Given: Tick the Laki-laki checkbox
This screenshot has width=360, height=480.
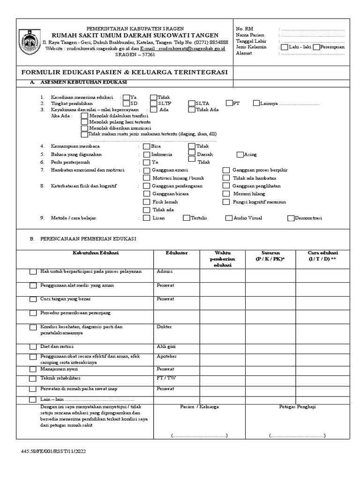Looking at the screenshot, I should click(284, 47).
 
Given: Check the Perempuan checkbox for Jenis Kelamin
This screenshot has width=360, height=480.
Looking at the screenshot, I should click(317, 47).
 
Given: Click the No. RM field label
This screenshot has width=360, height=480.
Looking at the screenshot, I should click(244, 29).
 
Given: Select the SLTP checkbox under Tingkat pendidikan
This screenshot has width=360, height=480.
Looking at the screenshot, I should click(154, 103).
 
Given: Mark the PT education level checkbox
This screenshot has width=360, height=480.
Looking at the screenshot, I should click(229, 103).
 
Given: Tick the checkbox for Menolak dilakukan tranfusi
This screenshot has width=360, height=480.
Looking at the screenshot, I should click(84, 115).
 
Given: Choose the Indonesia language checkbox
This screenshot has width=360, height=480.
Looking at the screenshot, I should click(147, 154).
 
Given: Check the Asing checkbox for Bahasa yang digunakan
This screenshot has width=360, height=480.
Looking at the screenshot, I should click(240, 154).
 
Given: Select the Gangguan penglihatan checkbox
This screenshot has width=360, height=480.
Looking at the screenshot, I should click(226, 186).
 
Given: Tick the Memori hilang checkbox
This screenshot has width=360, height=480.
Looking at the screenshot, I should click(226, 194).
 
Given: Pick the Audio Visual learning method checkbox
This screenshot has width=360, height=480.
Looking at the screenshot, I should click(229, 218).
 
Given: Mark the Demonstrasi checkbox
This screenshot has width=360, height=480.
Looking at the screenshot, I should click(291, 218).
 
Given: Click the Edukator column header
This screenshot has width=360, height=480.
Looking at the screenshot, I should click(177, 253).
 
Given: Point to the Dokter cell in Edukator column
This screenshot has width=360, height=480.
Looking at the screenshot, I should click(164, 327).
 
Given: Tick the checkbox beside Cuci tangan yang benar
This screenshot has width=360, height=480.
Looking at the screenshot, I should click(33, 299).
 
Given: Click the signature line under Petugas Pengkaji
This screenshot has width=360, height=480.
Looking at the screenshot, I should click(298, 435).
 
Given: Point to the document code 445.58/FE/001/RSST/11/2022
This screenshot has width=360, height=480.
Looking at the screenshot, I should click(53, 451).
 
